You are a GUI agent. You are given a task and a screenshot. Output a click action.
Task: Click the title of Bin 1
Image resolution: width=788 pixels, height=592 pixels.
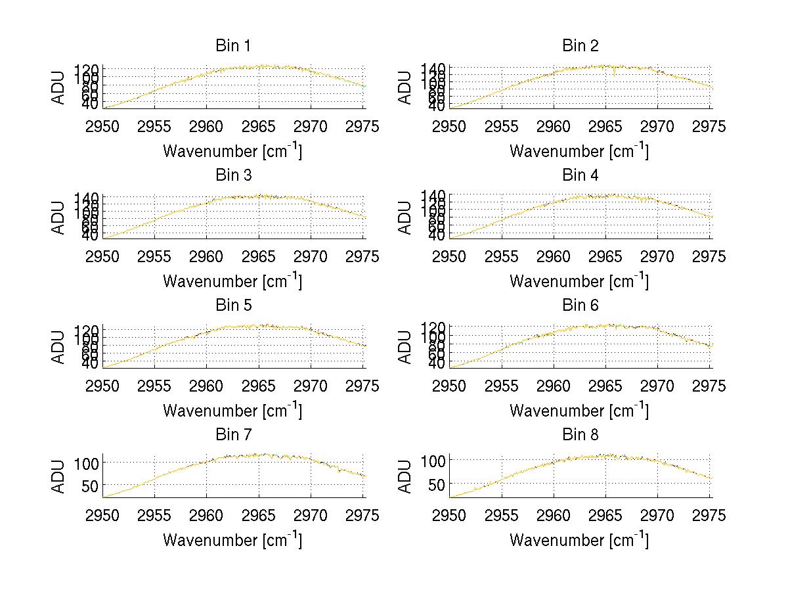[x=232, y=46]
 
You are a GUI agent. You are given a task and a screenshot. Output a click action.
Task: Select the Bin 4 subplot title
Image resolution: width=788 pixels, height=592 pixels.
[x=580, y=175]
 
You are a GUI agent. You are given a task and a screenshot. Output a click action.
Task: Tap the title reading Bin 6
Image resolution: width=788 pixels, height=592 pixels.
[x=580, y=306]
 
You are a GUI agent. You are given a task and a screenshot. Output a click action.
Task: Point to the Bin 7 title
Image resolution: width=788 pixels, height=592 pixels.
[x=232, y=435]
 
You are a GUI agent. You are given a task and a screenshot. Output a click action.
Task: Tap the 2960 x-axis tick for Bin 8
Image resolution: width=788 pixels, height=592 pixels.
[x=554, y=515]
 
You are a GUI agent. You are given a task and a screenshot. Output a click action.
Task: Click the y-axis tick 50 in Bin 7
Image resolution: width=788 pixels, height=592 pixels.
[x=90, y=486]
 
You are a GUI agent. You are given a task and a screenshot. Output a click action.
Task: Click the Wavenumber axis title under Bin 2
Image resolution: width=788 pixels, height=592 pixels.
[x=579, y=151]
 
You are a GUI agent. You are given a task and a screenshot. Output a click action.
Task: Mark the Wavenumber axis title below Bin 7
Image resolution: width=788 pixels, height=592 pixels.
[x=232, y=540]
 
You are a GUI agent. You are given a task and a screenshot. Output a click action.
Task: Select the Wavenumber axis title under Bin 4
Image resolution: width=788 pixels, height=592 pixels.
[x=579, y=281]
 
